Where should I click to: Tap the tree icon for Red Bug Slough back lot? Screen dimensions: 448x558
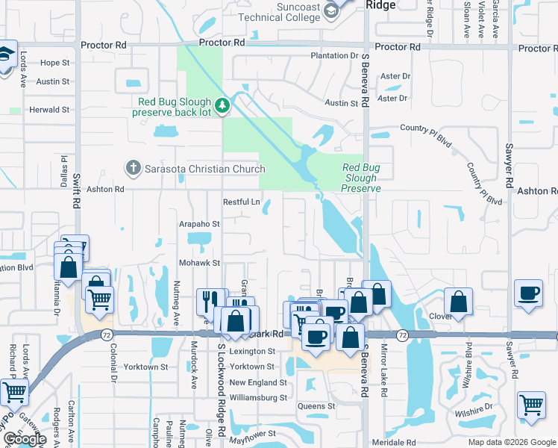(x=222, y=107)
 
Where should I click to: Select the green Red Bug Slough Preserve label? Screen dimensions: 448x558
(x=361, y=178)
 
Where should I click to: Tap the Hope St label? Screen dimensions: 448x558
(x=54, y=63)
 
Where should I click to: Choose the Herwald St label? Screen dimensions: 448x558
(x=49, y=109)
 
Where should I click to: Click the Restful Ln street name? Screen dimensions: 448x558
(x=242, y=202)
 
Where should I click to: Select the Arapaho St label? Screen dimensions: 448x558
(x=199, y=223)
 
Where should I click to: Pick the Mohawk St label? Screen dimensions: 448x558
(x=199, y=263)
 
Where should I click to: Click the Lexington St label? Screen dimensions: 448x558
(x=252, y=351)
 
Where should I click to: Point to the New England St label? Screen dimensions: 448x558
(x=257, y=382)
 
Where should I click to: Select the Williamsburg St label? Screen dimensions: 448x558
(x=257, y=398)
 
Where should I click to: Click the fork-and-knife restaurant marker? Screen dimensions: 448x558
(x=207, y=301)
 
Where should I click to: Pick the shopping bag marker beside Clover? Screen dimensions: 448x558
(x=459, y=302)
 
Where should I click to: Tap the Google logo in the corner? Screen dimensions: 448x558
(x=24, y=439)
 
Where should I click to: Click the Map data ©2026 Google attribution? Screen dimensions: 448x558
(x=511, y=442)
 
